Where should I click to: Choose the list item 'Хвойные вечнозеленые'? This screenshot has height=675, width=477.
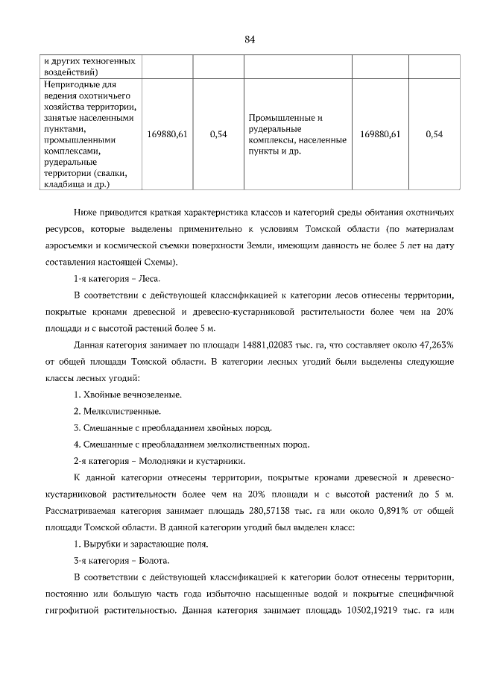point(132,394)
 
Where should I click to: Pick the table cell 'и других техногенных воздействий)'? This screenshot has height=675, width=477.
point(80,66)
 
